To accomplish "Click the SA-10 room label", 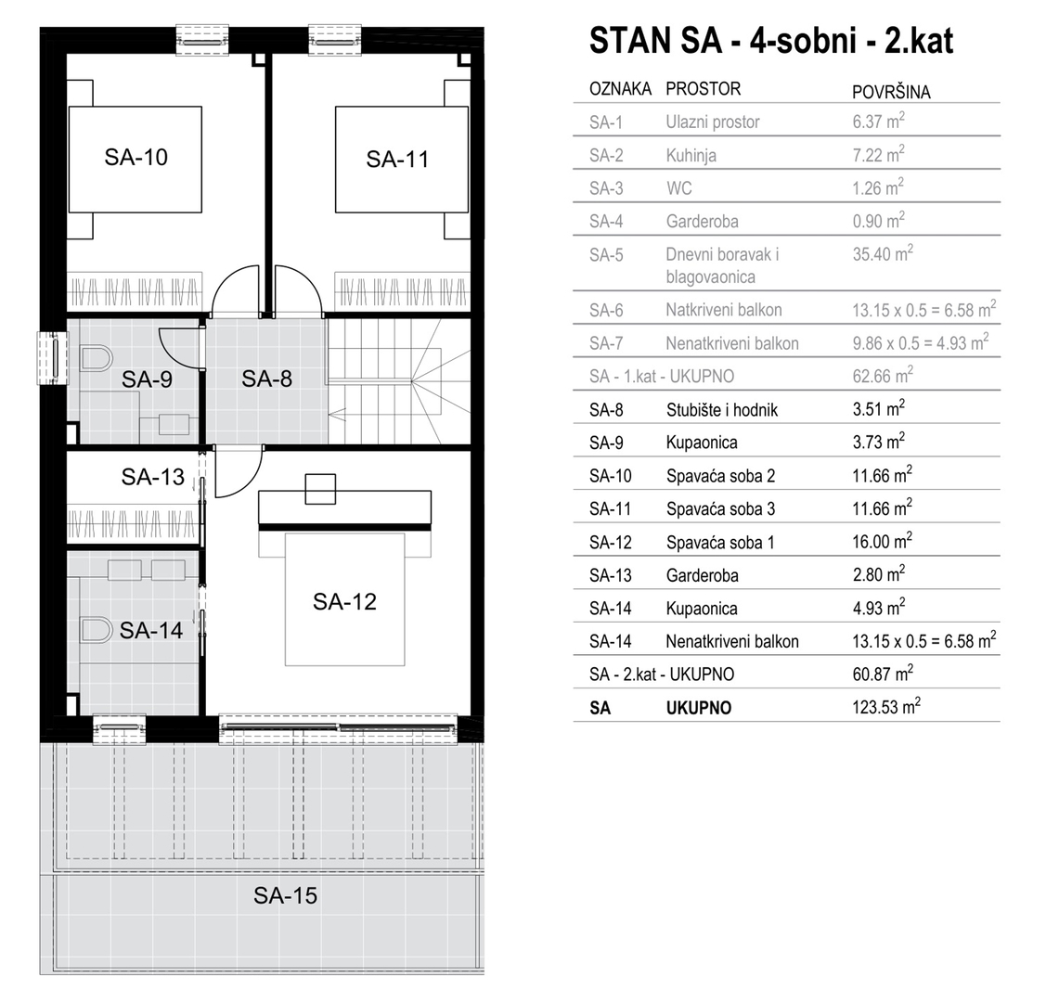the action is click(x=136, y=158).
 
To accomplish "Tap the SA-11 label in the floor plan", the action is click(x=397, y=160).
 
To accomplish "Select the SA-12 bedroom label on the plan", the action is click(x=344, y=601).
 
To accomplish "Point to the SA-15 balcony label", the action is click(x=285, y=896).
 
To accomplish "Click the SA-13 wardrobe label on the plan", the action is click(x=152, y=478).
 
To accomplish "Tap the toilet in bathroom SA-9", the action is click(x=97, y=359).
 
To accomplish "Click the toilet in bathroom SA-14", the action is click(x=97, y=630).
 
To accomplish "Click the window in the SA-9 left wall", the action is click(x=53, y=358).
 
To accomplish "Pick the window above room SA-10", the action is click(x=202, y=41).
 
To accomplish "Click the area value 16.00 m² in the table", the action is click(x=882, y=542).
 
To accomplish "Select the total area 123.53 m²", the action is click(x=886, y=707).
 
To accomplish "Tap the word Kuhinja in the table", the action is click(x=691, y=156).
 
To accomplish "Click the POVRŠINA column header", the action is click(x=891, y=92).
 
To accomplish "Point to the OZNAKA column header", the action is click(x=620, y=88).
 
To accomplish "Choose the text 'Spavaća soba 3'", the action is click(x=720, y=509).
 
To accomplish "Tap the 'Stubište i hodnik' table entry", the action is click(x=722, y=410).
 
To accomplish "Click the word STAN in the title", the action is click(x=629, y=41).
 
